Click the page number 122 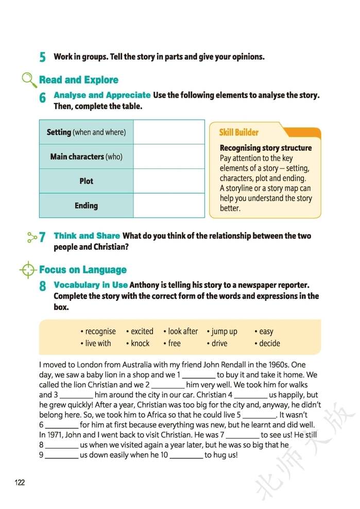20,482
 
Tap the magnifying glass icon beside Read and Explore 29,80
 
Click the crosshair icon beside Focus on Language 28,269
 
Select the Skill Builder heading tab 239,132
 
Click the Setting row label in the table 86,132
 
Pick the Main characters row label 86,157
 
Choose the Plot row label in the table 86,181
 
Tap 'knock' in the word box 140,343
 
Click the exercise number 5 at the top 43,57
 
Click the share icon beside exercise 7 32,236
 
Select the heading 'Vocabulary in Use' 91,284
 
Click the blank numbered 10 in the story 186,455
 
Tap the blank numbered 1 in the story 199,375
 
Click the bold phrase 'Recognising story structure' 266,148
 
